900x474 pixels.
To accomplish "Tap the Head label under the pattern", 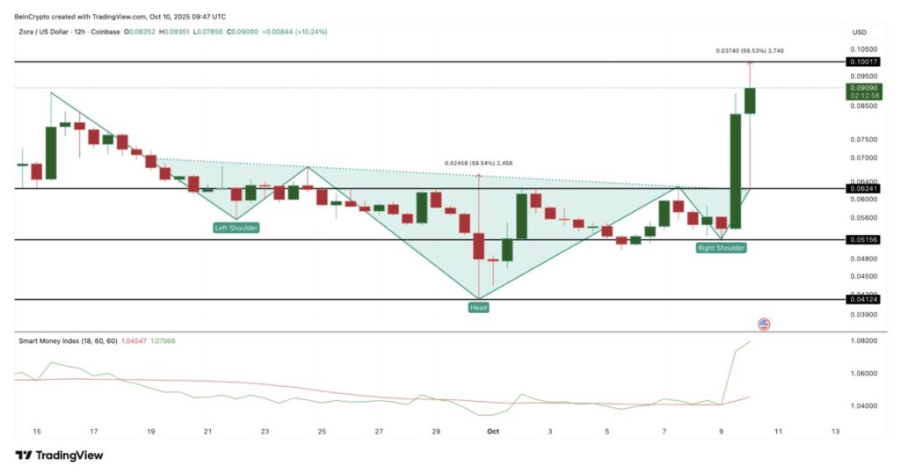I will (478, 308).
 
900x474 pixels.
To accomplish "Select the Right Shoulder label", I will (721, 248).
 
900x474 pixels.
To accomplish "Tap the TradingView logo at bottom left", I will (59, 455).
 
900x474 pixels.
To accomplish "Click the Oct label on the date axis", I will (492, 432).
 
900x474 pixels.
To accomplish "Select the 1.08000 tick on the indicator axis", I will (864, 340).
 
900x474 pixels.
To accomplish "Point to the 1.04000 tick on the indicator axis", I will (864, 405).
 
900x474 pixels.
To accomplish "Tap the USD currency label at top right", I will (859, 33).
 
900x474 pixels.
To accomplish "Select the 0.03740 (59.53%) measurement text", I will (748, 51).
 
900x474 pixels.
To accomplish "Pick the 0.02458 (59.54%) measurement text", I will (478, 164).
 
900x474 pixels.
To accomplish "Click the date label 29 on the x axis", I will (436, 432).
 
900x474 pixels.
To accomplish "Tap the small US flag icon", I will (763, 325).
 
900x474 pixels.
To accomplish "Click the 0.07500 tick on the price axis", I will (864, 140).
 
